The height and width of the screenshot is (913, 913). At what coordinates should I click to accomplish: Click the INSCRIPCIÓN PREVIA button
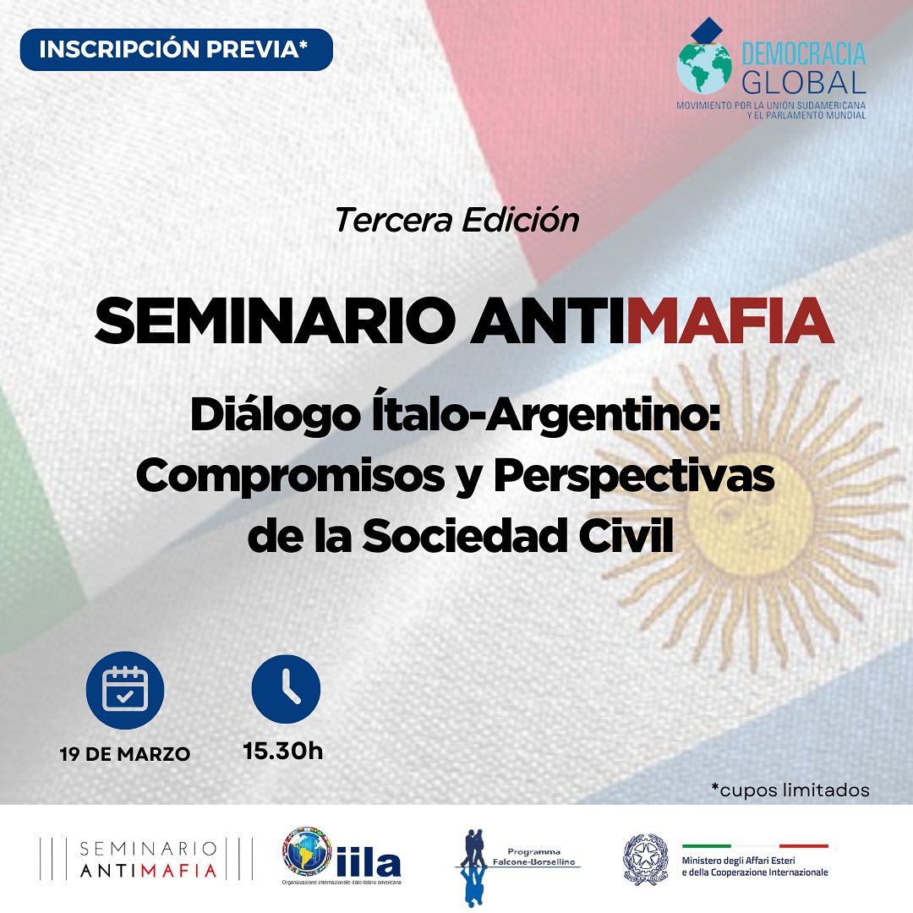tap(176, 49)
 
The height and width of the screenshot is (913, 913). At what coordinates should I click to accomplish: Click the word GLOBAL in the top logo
tap(803, 82)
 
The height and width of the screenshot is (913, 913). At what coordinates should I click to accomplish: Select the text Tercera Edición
tap(456, 220)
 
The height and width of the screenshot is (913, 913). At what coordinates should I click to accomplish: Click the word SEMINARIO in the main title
tap(272, 320)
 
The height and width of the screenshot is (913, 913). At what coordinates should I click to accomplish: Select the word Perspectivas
tap(634, 477)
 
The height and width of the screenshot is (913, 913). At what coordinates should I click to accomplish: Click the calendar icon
tap(125, 688)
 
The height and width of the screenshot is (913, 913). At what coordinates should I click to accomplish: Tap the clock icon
tap(287, 688)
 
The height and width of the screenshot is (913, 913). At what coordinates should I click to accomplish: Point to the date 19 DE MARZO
tap(125, 754)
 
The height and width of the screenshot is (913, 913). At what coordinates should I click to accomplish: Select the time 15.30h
tap(282, 750)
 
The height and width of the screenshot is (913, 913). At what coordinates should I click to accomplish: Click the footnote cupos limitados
tap(790, 790)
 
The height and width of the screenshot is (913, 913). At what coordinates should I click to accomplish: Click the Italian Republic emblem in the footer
tap(646, 860)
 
